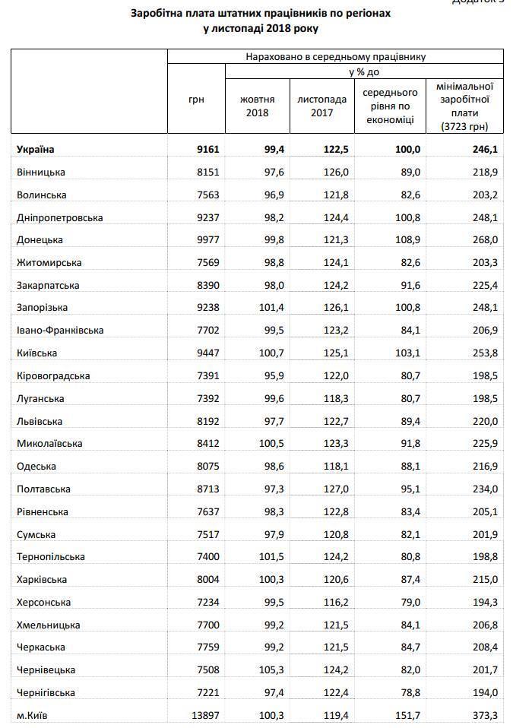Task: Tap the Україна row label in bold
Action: [x=36, y=150]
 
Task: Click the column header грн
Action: [x=196, y=100]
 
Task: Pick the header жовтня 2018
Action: [x=257, y=106]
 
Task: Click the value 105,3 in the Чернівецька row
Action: [x=264, y=669]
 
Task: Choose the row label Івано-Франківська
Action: [x=59, y=331]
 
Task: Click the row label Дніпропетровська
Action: [x=59, y=217]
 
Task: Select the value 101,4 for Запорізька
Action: [x=264, y=308]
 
